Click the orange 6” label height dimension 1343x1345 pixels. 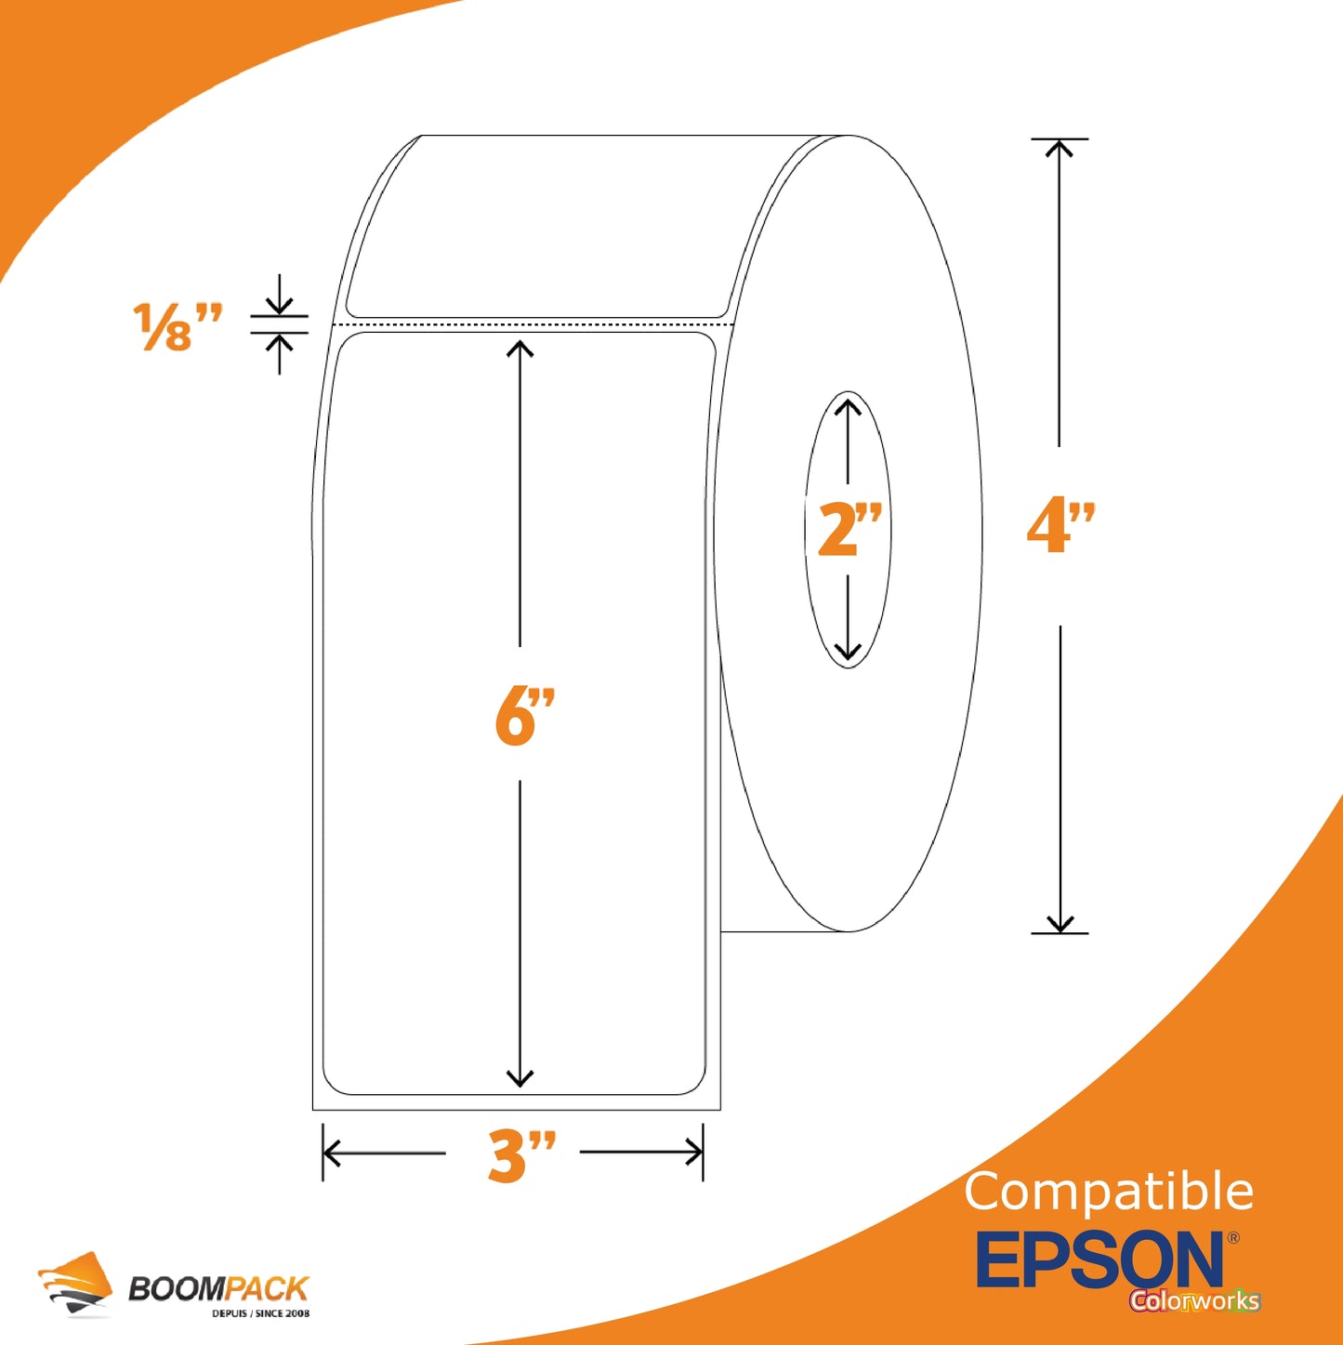524,716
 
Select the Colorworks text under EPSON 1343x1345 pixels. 1195,1300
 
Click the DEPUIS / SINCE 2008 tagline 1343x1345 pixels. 260,1313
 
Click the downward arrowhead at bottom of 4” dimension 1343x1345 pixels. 1060,924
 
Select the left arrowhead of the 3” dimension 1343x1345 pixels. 332,1153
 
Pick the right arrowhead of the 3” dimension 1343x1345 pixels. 694,1153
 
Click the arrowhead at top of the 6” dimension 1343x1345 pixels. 520,348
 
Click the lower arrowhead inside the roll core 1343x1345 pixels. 849,652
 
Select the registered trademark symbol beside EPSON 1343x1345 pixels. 1233,1237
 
